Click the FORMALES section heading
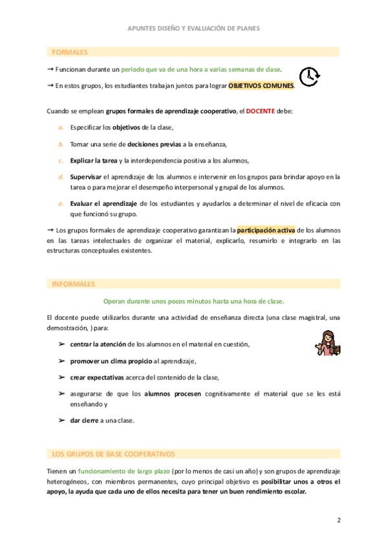click(70, 52)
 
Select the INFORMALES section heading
click(73, 284)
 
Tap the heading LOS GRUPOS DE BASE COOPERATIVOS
click(113, 454)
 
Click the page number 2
click(338, 520)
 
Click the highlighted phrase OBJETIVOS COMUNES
click(261, 85)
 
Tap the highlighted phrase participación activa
click(264, 230)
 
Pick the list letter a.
click(61, 128)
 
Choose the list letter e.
click(61, 203)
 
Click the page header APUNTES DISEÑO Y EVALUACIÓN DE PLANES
click(194, 28)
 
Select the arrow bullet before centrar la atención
click(61, 344)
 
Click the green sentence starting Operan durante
click(194, 301)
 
